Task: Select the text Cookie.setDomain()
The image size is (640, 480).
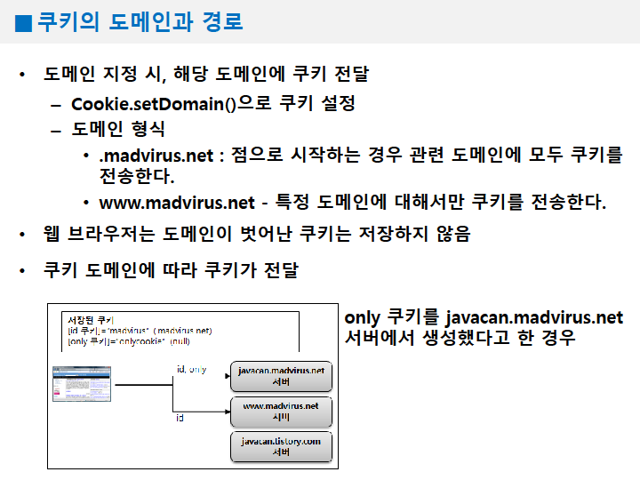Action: point(153,103)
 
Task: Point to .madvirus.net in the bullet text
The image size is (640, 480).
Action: point(156,156)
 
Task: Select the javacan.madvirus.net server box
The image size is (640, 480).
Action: point(281,375)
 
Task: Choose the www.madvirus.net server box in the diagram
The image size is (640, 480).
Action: point(281,411)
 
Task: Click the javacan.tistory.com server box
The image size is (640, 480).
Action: point(281,446)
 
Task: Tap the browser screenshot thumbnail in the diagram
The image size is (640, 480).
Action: point(81,388)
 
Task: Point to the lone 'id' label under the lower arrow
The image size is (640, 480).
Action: point(180,417)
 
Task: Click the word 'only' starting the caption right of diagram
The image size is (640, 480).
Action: point(362,317)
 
